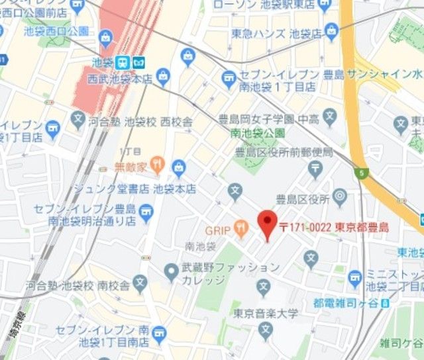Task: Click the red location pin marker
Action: click(x=267, y=224)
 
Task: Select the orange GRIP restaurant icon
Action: click(x=241, y=230)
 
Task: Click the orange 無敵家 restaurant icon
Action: click(x=156, y=163)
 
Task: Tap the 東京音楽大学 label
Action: click(x=266, y=312)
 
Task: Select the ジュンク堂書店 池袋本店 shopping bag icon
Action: click(x=179, y=168)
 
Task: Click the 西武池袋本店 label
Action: click(x=120, y=79)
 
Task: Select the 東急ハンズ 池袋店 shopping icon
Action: click(x=331, y=31)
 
